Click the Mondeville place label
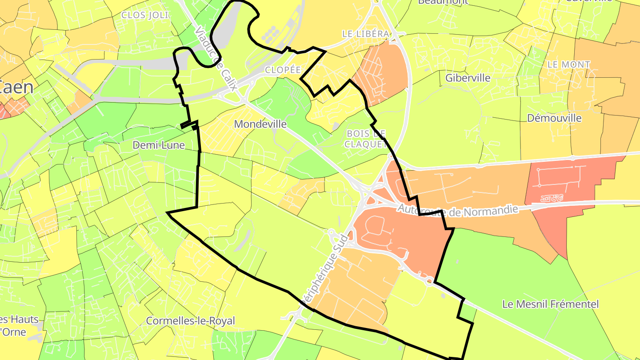(260, 124)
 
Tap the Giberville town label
(468, 78)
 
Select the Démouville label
(554, 118)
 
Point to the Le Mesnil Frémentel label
(551, 304)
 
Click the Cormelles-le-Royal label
(191, 321)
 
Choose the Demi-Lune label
(159, 145)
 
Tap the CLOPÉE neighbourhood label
(283, 70)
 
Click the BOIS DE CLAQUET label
(365, 139)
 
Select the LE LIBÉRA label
(366, 34)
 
